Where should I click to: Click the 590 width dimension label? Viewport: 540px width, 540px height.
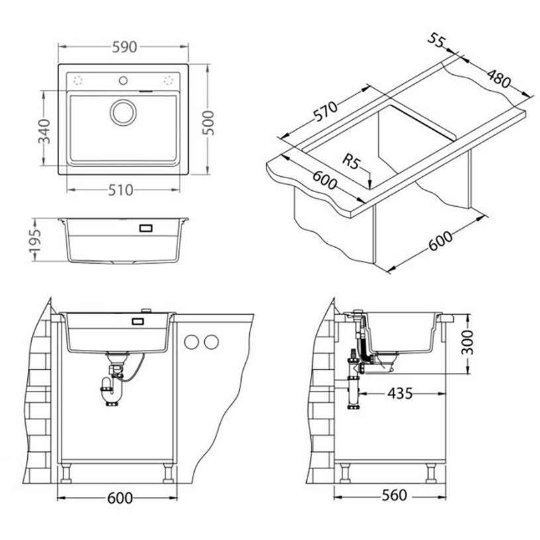coord(125,47)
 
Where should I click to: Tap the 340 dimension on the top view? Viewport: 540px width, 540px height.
coord(44,131)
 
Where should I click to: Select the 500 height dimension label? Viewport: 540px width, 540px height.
coord(208,123)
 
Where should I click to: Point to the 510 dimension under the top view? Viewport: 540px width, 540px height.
coord(121,190)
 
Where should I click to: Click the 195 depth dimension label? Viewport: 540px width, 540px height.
coord(34,240)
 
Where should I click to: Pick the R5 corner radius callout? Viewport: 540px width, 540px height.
coord(351,162)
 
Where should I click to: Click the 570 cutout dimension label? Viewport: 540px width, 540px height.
coord(325,111)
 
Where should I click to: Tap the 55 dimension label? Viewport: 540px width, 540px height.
coord(437,40)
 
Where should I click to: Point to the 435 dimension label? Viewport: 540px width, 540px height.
coord(400,393)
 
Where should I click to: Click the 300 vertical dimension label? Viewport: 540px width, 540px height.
coord(467,342)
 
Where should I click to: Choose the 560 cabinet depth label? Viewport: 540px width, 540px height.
coord(394,495)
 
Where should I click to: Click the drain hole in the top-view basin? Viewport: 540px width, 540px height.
coord(123,112)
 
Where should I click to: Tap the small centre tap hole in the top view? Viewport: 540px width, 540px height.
coord(123,81)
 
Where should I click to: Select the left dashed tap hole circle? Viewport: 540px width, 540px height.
coord(78,81)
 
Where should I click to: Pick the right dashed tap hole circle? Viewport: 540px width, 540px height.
coord(168,81)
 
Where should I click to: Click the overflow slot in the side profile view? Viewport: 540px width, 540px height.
coord(146,228)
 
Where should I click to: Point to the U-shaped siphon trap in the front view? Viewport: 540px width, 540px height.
coord(111,392)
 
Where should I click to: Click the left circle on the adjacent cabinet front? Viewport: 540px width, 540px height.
coord(191,342)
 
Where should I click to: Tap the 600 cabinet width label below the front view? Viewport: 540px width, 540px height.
coord(120,498)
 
